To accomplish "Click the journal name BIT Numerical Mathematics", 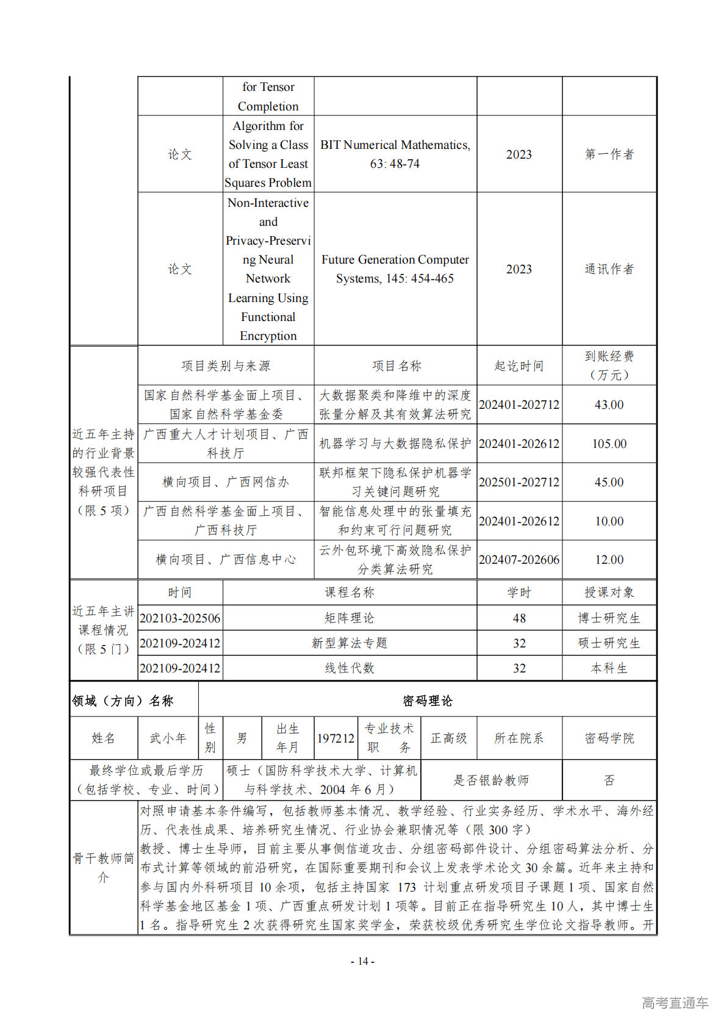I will click(x=395, y=145).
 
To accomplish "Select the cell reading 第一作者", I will click(x=609, y=154).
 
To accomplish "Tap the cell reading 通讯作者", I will click(x=609, y=269).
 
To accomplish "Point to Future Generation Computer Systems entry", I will click(x=395, y=269).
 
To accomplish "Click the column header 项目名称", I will click(x=396, y=366).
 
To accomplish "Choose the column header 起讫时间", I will click(x=519, y=366).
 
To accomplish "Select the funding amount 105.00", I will click(x=609, y=444).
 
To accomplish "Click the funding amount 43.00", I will click(x=609, y=405).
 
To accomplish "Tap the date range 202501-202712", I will click(x=519, y=482).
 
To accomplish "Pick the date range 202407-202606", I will click(x=519, y=560).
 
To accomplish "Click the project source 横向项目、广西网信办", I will click(x=226, y=482).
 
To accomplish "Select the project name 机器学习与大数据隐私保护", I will click(x=395, y=444).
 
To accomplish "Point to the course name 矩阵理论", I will click(x=349, y=618).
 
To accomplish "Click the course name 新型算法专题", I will click(x=349, y=643).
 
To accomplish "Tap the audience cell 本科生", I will click(x=609, y=668).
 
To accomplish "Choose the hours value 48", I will click(x=519, y=618).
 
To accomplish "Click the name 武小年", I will click(x=168, y=738).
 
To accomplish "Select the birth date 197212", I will click(x=335, y=738).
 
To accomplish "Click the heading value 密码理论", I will click(x=427, y=701).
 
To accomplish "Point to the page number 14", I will click(x=362, y=961).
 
